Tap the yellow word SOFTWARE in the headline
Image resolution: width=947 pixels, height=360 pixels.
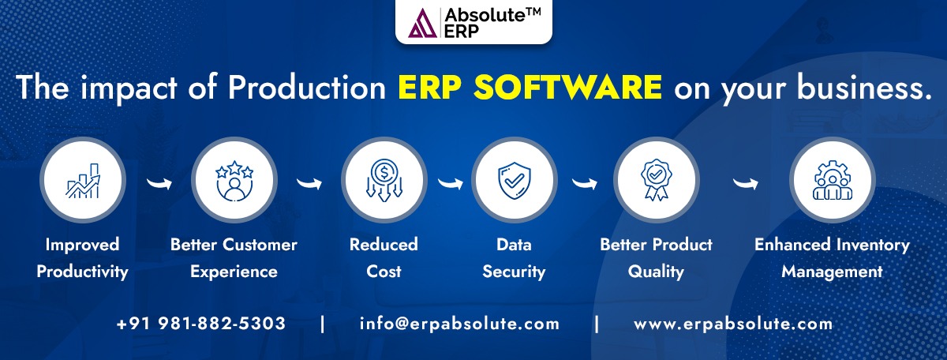(567, 87)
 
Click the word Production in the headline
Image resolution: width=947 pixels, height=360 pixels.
(306, 87)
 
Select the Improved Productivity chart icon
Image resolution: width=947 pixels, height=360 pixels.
(83, 181)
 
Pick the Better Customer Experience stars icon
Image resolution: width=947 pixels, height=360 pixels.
(234, 181)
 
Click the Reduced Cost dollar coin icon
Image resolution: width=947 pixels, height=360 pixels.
(384, 180)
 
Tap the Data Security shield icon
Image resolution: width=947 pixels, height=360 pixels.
(514, 181)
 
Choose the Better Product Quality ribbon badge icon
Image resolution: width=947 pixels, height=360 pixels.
(656, 180)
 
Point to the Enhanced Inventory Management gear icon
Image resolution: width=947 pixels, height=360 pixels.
(833, 180)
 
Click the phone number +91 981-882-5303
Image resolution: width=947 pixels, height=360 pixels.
(200, 324)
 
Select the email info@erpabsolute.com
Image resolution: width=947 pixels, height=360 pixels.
(459, 324)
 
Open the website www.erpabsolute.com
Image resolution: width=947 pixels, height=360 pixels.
(733, 324)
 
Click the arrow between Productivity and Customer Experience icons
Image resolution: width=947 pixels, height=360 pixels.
(159, 183)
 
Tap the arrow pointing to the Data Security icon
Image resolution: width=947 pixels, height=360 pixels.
(451, 183)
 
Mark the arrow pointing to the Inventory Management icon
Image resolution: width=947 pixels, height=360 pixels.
(745, 183)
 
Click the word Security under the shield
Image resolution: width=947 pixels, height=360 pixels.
(514, 272)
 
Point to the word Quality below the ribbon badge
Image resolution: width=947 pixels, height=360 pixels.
(656, 272)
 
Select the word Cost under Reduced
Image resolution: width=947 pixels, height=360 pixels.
(384, 271)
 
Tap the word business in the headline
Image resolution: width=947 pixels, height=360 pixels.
(864, 87)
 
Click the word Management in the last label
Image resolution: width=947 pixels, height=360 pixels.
(832, 272)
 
